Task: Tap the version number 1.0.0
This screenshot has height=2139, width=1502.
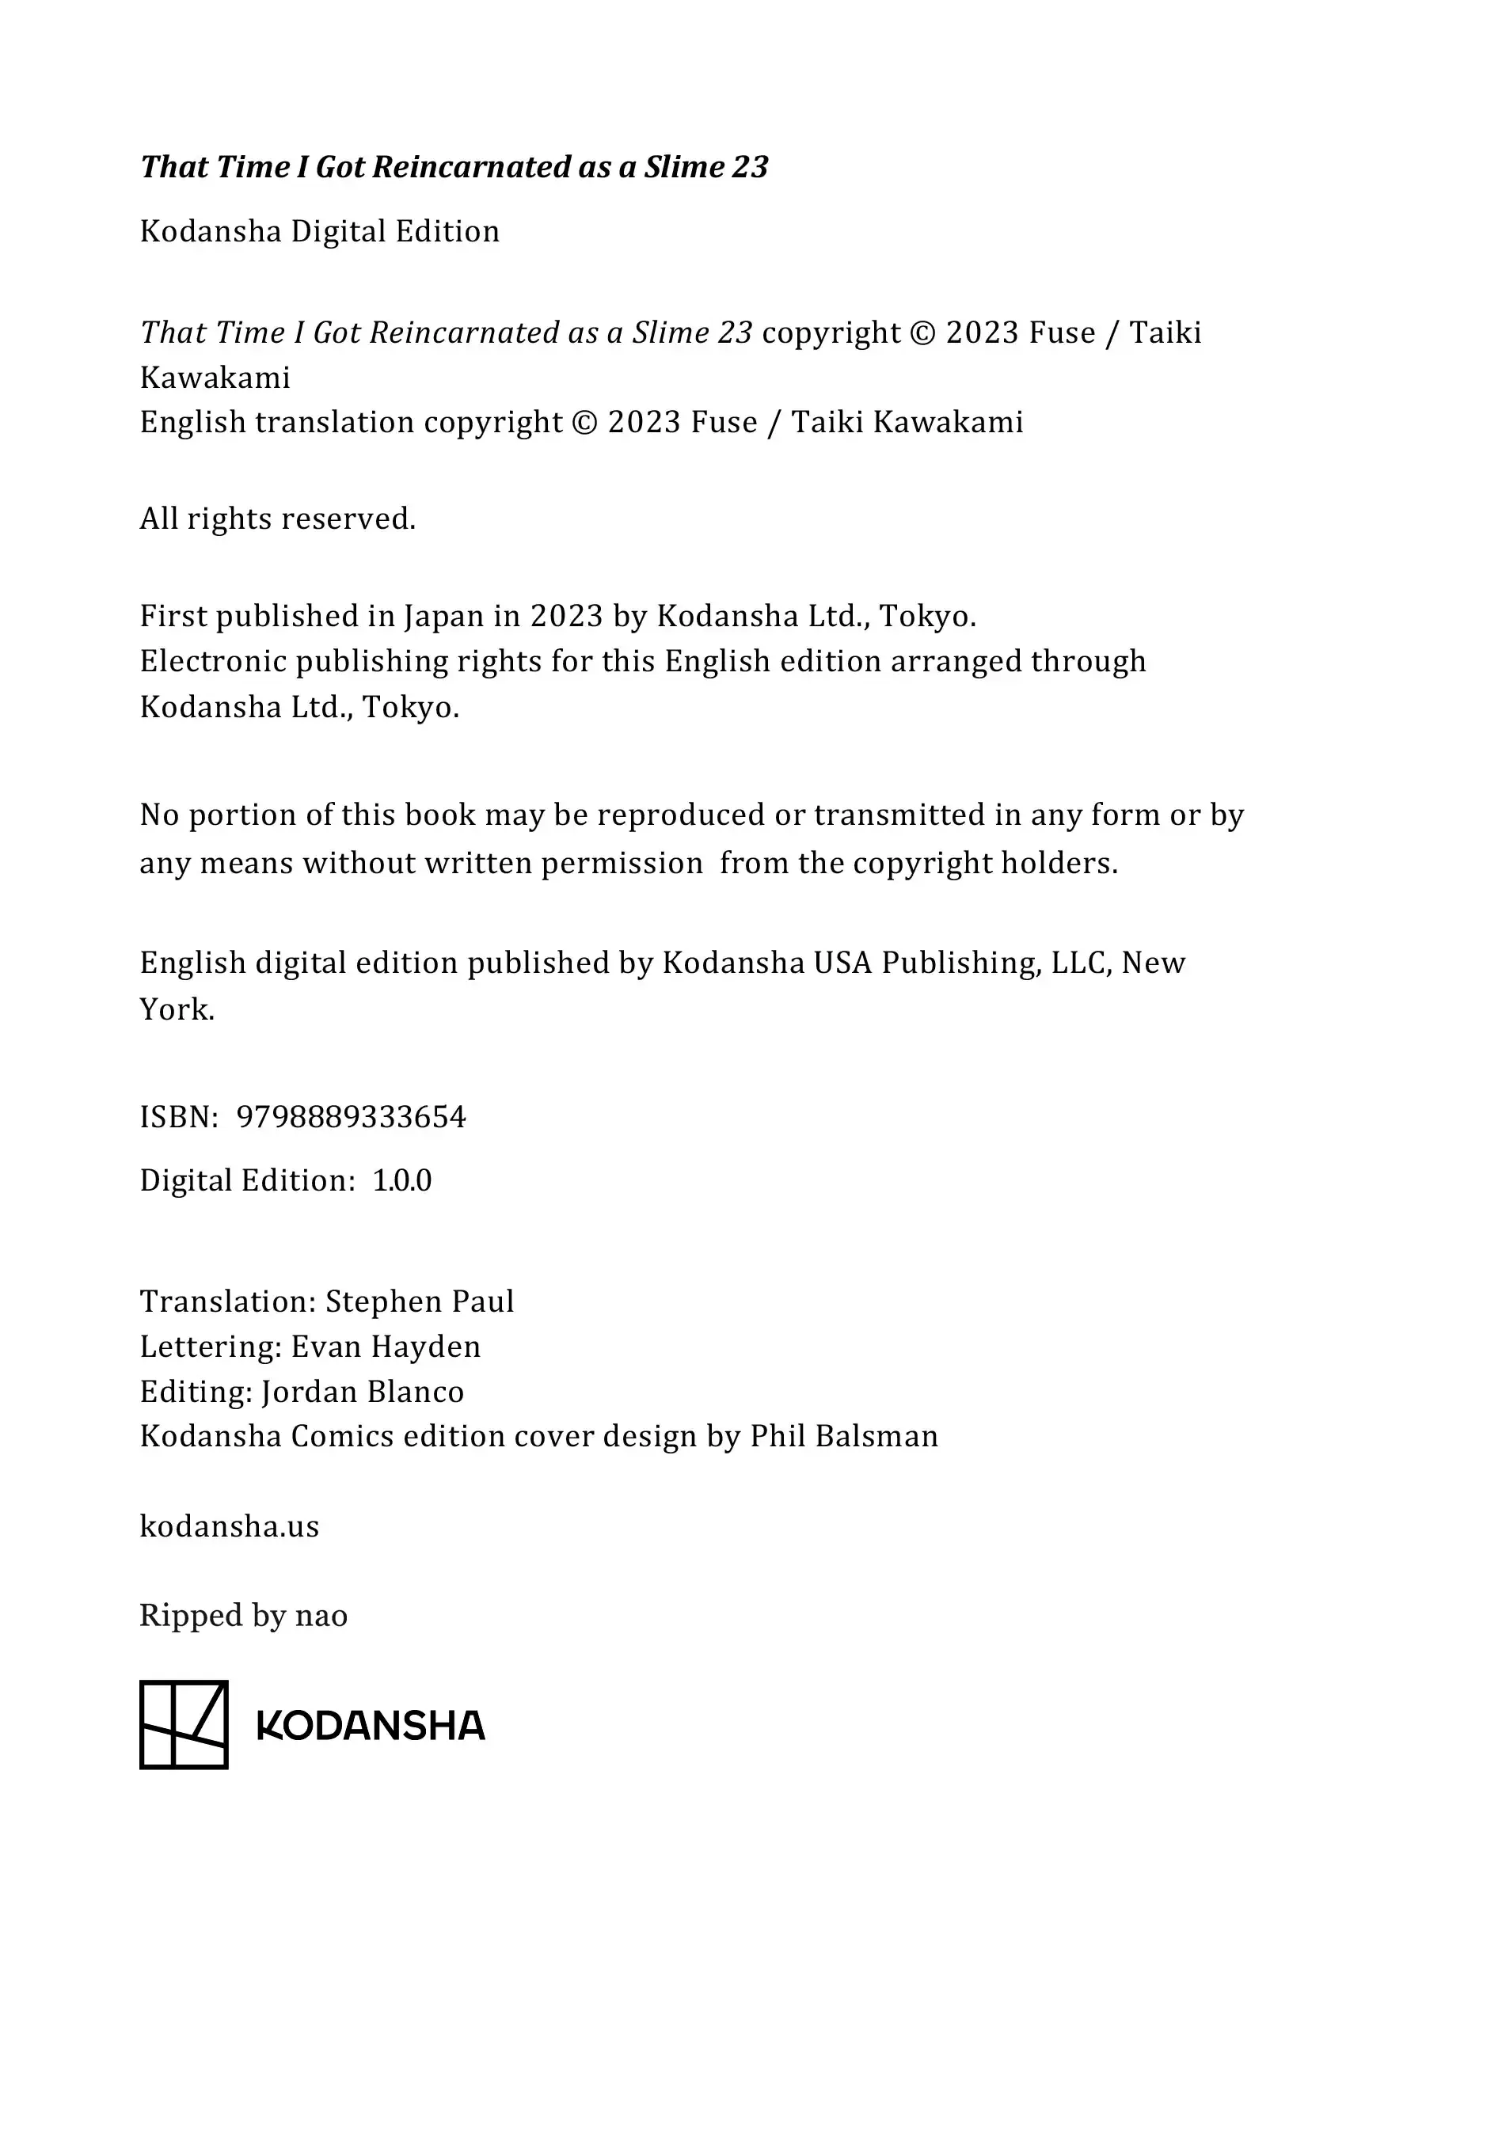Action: tap(401, 1180)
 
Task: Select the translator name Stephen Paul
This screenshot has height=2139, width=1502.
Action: tap(420, 1301)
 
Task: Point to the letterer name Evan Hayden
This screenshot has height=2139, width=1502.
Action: tap(386, 1347)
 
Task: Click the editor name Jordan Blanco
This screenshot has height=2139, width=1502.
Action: tap(363, 1391)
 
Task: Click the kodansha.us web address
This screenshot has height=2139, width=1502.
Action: tap(229, 1526)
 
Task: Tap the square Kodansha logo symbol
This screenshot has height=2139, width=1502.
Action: tap(184, 1724)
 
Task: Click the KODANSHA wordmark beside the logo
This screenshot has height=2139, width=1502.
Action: tap(371, 1727)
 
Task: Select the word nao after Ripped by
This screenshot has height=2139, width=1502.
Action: tap(321, 1616)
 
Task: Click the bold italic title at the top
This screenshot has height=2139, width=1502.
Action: tap(454, 167)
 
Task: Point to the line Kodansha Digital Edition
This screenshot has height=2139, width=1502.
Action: tap(320, 231)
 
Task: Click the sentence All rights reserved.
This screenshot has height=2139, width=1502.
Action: tap(278, 518)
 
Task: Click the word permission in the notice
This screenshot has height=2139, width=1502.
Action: tap(622, 864)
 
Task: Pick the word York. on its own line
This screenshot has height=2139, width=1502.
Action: tap(177, 1009)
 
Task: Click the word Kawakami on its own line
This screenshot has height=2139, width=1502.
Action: tap(215, 378)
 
